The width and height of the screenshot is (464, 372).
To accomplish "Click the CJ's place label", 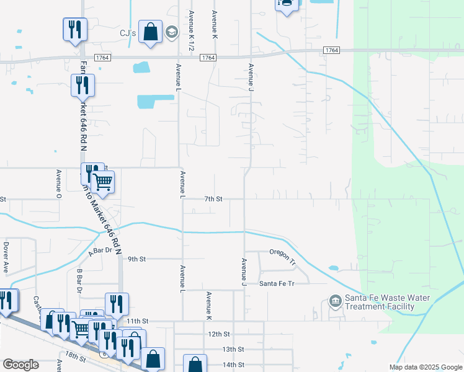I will point(127,33).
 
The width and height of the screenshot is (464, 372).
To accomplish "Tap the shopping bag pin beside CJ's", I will point(150,32).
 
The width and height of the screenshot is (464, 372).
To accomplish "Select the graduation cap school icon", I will point(171,32).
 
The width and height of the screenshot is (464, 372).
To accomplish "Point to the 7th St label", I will point(213,199).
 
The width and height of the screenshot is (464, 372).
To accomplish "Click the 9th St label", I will point(136,259).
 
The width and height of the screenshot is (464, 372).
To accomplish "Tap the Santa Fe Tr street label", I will point(276,283).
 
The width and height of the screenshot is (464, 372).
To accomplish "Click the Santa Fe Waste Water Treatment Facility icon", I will point(335,301).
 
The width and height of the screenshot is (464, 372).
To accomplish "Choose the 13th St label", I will point(233,349).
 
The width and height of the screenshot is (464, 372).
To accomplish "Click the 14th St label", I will point(233,365).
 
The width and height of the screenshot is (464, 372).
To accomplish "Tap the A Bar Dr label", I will point(99,251).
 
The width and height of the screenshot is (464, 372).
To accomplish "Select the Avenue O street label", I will point(59,184).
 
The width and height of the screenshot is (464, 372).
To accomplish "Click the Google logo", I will point(20,365).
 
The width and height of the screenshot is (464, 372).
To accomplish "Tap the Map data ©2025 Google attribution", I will point(425,367).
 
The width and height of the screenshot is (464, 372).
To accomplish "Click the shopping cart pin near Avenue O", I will point(102,182).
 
